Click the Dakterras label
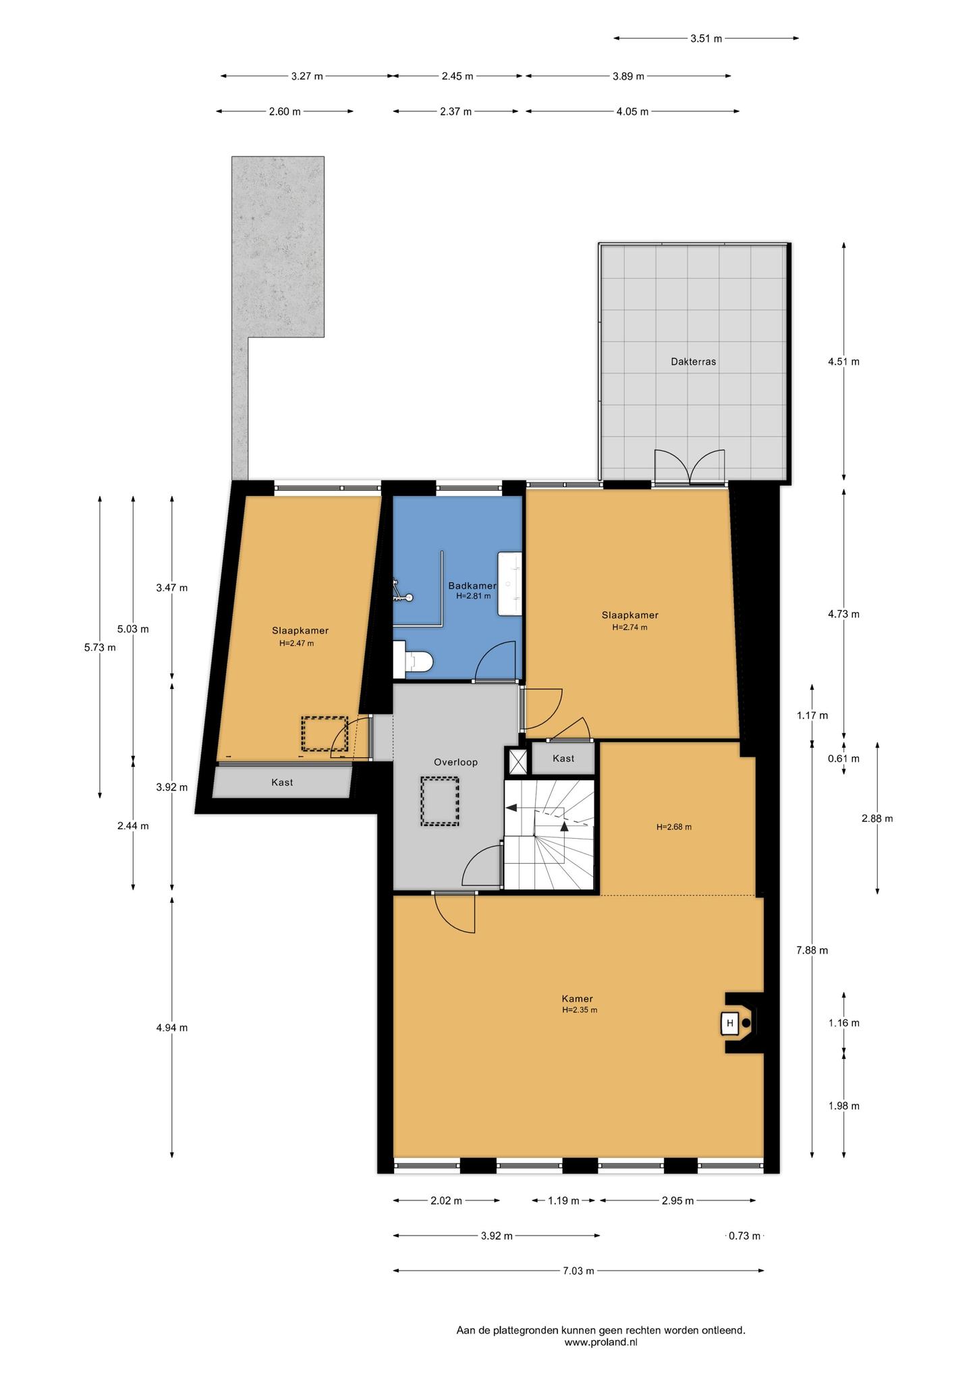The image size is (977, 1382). (693, 362)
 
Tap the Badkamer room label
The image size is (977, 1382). (472, 586)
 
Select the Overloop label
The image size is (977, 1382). (455, 763)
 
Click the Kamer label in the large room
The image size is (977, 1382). (577, 999)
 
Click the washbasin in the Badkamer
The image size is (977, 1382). (509, 583)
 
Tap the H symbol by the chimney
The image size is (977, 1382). (729, 1024)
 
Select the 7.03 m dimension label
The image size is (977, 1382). (578, 1271)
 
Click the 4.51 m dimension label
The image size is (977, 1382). (843, 362)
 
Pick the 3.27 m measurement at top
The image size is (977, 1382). (307, 76)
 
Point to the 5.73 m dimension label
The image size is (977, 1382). (100, 648)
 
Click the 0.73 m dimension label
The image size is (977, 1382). (744, 1236)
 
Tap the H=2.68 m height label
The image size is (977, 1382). (674, 827)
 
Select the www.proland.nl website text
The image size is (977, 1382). (601, 1343)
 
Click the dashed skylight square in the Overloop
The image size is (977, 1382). (440, 801)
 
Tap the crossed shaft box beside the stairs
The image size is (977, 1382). (518, 761)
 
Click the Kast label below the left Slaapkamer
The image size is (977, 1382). (282, 783)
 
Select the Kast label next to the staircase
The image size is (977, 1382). (563, 758)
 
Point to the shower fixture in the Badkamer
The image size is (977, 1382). (403, 591)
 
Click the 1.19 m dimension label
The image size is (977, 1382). (563, 1201)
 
